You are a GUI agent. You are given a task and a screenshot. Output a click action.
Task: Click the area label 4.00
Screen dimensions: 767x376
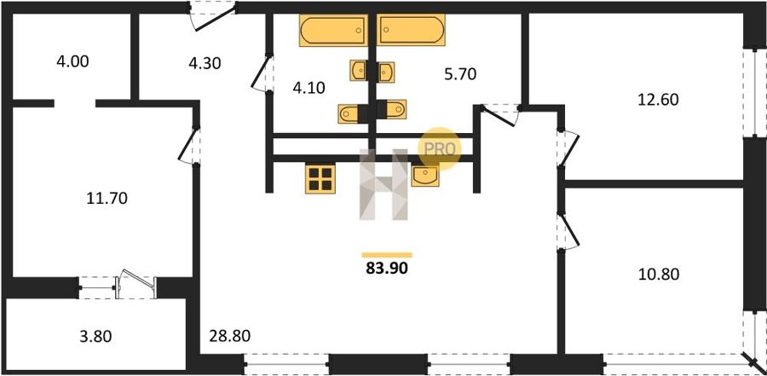(73, 62)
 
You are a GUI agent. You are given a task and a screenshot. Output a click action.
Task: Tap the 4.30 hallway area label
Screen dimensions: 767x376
(205, 63)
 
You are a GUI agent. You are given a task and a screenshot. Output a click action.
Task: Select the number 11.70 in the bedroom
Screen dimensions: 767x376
(107, 199)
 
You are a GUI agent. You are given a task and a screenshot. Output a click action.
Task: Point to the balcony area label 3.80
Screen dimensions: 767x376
(95, 336)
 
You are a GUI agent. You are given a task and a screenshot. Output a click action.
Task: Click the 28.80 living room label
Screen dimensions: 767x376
(230, 336)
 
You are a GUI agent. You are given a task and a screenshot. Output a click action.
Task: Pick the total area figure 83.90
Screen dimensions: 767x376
(387, 268)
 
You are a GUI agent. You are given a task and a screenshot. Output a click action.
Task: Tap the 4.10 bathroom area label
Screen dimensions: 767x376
(309, 88)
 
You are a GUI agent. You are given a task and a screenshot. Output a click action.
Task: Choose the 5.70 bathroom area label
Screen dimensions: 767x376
(460, 74)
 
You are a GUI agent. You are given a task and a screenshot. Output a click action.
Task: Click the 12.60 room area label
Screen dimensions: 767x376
(658, 100)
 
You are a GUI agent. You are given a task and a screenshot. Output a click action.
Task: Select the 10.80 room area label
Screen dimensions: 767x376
(659, 275)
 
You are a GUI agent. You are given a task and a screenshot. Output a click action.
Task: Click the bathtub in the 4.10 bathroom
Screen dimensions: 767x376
(333, 31)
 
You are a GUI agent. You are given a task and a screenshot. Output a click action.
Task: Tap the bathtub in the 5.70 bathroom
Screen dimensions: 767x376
(411, 30)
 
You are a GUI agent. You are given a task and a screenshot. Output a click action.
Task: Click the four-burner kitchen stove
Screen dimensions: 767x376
(320, 179)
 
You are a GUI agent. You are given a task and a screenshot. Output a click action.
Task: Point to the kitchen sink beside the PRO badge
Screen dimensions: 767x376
(425, 176)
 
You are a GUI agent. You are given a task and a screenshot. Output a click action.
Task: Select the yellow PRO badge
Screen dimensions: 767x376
(440, 148)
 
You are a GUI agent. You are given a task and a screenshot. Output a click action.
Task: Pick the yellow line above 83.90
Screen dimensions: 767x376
(387, 255)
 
